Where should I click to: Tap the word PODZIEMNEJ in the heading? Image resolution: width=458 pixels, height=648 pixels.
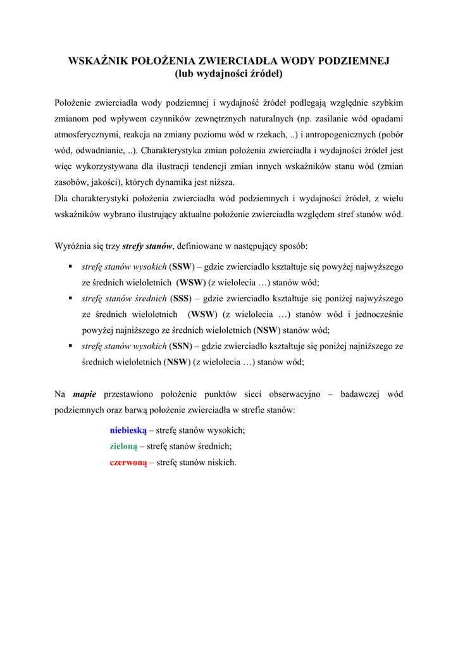click(352, 61)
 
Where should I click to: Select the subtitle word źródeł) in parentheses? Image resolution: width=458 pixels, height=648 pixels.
click(266, 74)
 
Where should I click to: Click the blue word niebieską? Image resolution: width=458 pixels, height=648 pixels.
click(128, 430)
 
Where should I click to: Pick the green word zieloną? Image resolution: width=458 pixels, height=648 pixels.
click(123, 446)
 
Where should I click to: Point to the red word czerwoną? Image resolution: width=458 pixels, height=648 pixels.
click(128, 463)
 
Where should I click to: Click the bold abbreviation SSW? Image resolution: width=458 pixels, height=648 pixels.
click(182, 266)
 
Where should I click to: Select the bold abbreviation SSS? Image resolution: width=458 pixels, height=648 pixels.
click(182, 298)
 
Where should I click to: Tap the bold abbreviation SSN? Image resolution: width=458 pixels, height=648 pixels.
click(182, 346)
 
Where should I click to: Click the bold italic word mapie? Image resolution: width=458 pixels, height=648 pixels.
click(85, 394)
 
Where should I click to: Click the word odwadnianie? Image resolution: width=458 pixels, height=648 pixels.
click(101, 151)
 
